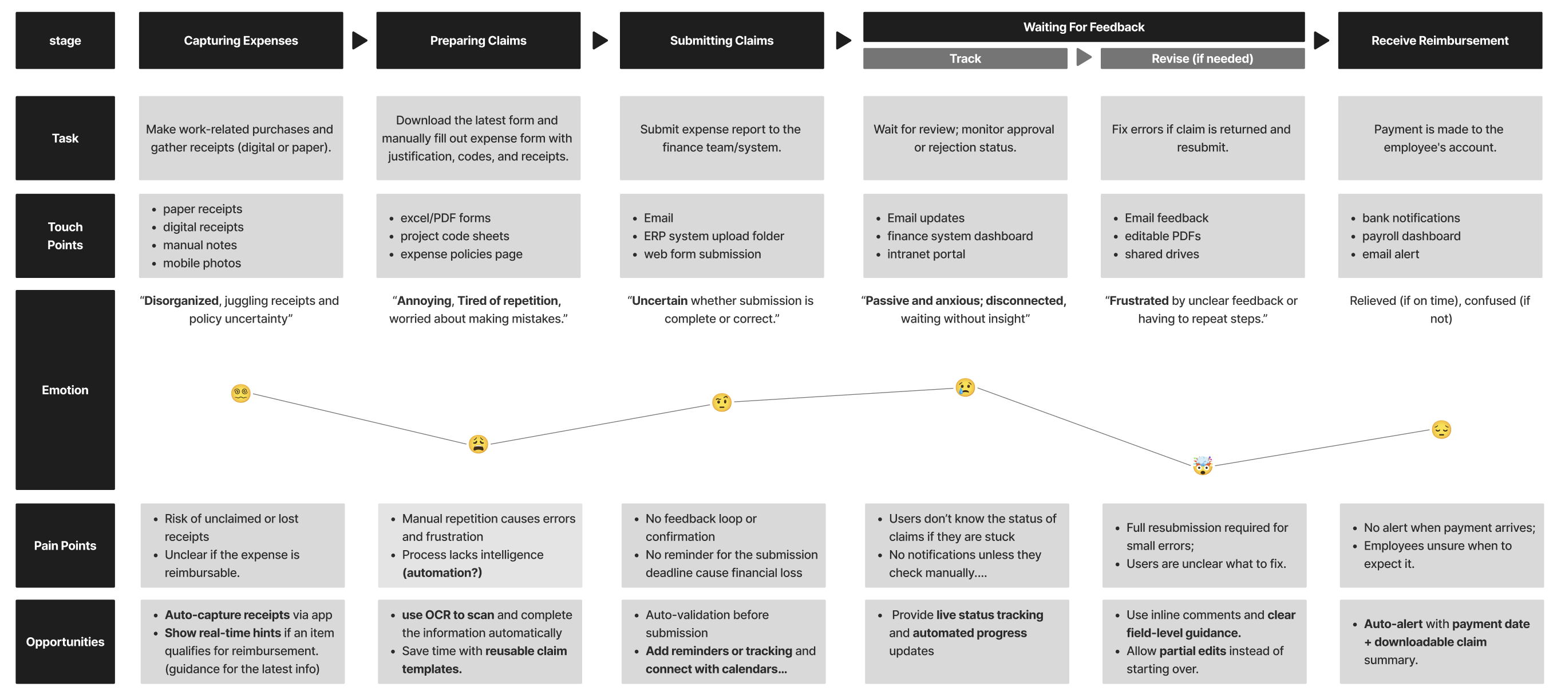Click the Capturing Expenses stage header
240,41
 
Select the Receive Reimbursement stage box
1439,41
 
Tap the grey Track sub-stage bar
965,58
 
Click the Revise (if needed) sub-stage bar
1202,58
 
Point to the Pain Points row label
65,545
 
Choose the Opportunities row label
65,641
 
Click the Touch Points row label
65,236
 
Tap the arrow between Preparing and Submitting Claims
599,41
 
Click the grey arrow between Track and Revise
1084,58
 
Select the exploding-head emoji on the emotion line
1202,465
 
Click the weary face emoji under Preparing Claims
478,444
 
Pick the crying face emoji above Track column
965,387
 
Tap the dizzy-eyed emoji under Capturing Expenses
240,393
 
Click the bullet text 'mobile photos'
202,263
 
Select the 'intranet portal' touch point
926,254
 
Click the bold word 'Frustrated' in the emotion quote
1139,301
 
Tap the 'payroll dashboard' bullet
1410,236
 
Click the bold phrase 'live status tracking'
990,614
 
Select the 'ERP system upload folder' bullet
713,236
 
